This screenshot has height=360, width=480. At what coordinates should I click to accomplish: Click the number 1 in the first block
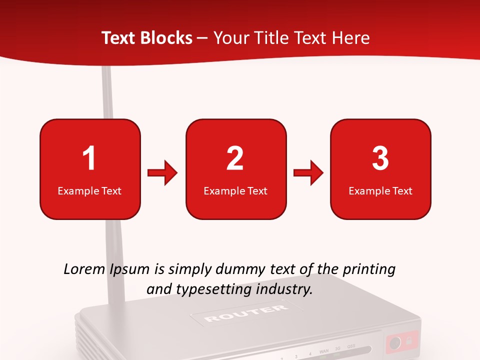coord(89,158)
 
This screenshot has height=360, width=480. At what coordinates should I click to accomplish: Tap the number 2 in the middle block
coord(235,158)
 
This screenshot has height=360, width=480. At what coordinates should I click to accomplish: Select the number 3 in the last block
coord(380,158)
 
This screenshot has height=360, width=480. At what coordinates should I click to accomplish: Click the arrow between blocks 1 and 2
coord(162,173)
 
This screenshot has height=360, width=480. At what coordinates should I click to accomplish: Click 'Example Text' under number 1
coord(89,190)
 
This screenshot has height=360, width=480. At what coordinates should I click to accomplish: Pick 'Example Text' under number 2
coord(235,190)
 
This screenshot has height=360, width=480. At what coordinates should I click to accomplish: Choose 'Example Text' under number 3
coord(380,190)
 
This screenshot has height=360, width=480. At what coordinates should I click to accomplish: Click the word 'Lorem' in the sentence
coord(85,269)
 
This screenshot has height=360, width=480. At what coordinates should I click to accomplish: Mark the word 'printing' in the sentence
coord(369,270)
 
